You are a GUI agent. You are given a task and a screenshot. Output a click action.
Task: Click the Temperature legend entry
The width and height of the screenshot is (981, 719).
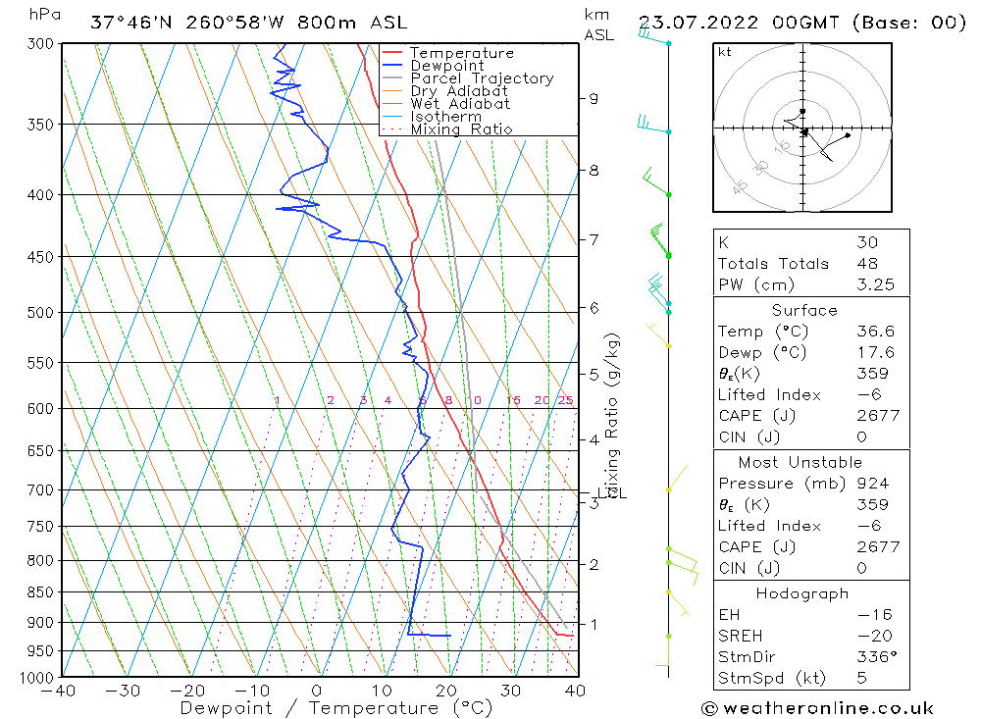click(461, 53)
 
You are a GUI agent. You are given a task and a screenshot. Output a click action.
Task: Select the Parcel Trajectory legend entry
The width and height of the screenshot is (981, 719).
click(482, 78)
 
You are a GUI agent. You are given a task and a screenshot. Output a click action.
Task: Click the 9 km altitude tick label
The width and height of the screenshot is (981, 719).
click(594, 98)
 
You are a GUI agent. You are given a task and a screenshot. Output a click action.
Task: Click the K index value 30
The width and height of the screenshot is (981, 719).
click(867, 242)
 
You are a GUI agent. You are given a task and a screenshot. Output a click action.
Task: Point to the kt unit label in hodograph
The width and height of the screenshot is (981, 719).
click(724, 52)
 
